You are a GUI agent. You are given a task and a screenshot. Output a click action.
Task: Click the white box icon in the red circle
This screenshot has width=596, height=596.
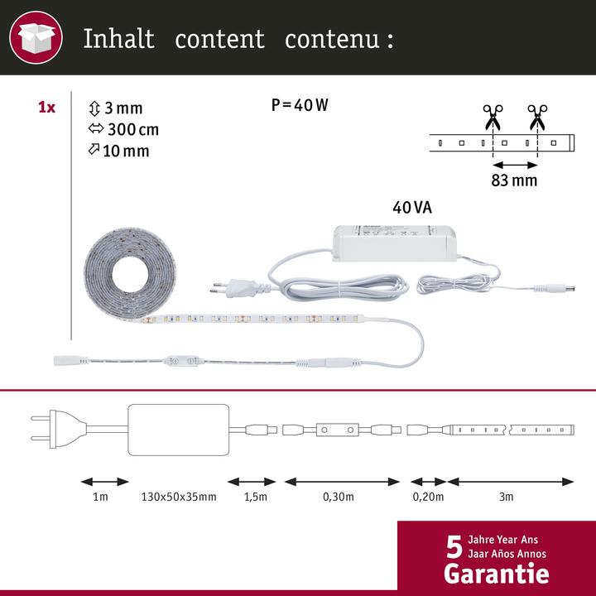click(x=36, y=37)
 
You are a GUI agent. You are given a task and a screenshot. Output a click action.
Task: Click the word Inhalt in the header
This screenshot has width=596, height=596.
click(x=118, y=38)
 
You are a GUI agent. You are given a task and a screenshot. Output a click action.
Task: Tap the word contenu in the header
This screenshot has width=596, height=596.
click(x=332, y=39)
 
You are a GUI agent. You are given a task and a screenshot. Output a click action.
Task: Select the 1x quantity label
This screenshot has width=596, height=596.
click(x=46, y=108)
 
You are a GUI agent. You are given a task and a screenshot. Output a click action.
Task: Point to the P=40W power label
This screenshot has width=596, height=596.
click(x=300, y=105)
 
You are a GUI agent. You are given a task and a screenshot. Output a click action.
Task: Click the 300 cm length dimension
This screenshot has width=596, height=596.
click(x=133, y=130)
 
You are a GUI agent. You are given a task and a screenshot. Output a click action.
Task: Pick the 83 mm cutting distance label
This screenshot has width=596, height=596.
click(x=514, y=180)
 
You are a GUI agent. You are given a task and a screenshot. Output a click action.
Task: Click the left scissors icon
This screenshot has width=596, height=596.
click(x=493, y=118)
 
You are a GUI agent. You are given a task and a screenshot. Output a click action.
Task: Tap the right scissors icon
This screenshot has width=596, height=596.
click(x=537, y=118)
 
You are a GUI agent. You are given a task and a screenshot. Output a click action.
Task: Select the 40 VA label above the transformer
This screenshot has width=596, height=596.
click(x=412, y=208)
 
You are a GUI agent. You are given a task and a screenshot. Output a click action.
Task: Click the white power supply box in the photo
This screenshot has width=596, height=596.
click(x=395, y=243)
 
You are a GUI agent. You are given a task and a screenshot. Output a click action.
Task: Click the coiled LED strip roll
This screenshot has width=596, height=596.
click(x=129, y=274)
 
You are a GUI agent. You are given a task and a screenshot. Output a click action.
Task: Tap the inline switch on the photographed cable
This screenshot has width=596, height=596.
click(x=181, y=361)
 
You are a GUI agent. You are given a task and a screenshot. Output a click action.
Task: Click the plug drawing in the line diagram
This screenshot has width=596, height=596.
click(x=57, y=429)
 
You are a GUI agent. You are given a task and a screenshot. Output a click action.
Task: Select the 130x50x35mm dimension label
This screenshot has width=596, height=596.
click(x=179, y=497)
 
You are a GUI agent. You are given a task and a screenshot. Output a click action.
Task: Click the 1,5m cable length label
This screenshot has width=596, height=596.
click(x=256, y=497)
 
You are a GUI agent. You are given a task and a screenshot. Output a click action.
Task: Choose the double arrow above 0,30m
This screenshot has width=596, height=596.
click(x=342, y=482)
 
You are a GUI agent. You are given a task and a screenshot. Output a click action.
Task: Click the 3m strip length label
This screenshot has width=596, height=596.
click(x=507, y=497)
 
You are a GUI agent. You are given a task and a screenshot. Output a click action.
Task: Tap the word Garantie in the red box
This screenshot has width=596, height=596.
click(x=497, y=574)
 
